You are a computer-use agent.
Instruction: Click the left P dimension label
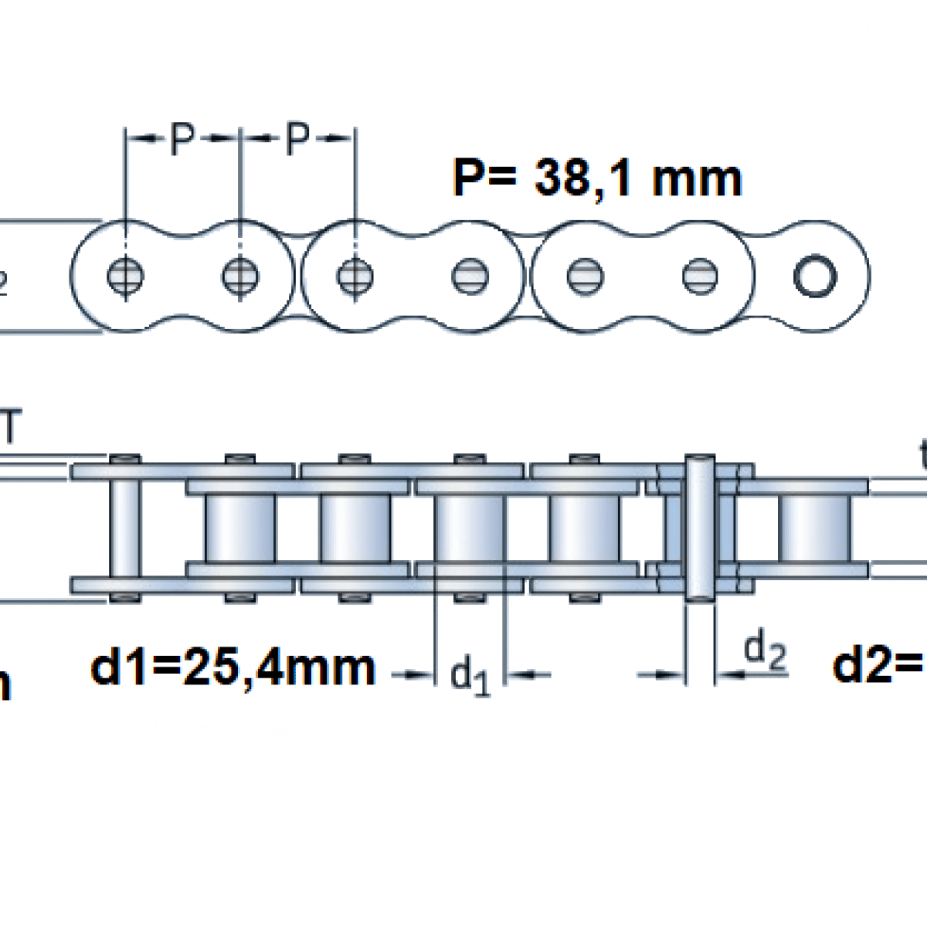coord(181,140)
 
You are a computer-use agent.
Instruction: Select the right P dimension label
coord(297,140)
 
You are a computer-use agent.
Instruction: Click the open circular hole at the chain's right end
coord(815,276)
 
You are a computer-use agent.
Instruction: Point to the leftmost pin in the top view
coord(124,276)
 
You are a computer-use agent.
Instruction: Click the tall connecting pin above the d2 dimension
coord(700,528)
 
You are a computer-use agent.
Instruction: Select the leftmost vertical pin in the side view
coord(124,528)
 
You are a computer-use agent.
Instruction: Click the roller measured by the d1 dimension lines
coord(470,528)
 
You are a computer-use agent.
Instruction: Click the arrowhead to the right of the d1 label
coord(520,675)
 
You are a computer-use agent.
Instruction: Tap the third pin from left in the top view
coord(355,276)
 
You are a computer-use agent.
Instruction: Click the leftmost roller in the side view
coord(239,528)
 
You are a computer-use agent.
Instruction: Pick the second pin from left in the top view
coord(239,276)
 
